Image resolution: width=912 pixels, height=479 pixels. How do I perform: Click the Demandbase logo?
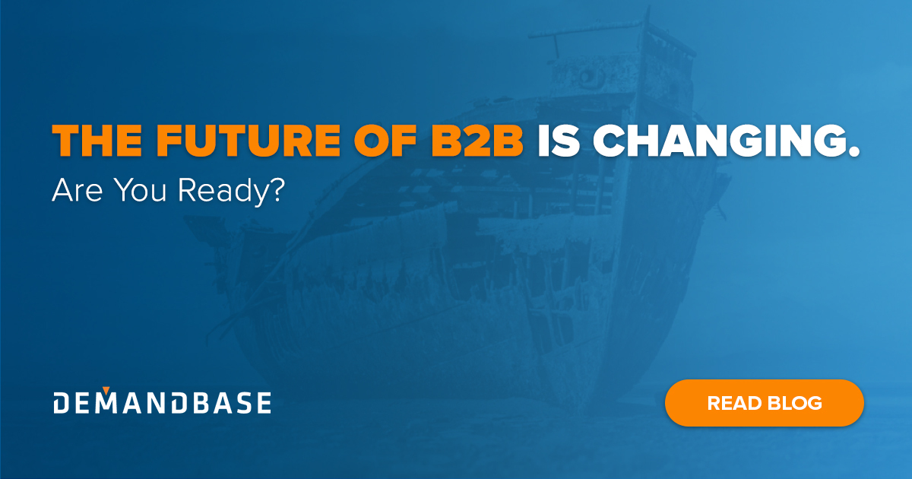click(162, 403)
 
